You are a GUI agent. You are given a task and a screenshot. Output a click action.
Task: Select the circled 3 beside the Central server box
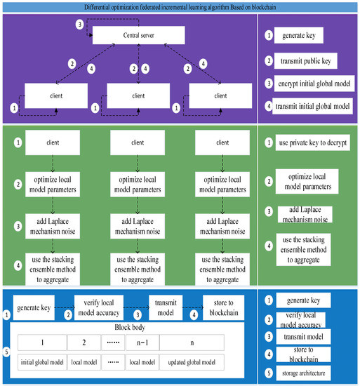80,25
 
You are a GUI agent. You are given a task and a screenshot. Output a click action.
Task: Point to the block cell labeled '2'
86,342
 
